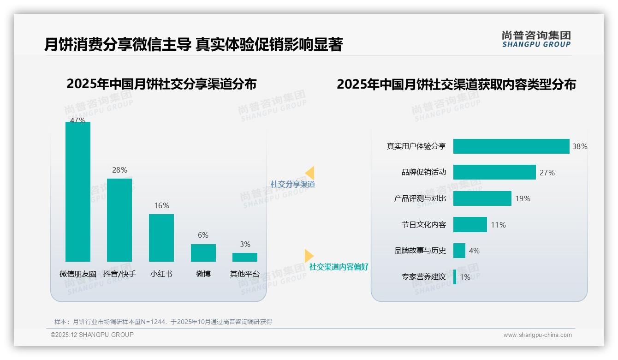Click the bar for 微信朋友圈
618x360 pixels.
[78, 192]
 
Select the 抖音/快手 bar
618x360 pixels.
[119, 220]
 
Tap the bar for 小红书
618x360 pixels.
[161, 238]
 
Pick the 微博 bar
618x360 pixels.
[203, 253]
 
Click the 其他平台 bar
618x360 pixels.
[245, 257]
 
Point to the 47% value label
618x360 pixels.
[77, 120]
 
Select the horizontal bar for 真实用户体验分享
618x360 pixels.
[511, 146]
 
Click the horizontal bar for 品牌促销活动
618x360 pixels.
[494, 172]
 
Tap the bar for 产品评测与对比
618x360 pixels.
[482, 198]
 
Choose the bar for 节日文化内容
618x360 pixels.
[470, 225]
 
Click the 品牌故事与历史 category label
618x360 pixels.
[420, 251]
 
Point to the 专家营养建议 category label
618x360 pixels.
[424, 277]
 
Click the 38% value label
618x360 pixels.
[580, 146]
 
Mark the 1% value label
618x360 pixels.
[465, 277]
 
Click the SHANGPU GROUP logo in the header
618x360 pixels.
[536, 39]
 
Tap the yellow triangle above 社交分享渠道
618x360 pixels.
[310, 173]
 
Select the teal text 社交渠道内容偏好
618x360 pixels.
[339, 267]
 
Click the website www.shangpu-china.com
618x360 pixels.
[537, 335]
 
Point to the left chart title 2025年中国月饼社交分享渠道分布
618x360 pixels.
[161, 84]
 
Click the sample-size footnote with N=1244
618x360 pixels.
[163, 322]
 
